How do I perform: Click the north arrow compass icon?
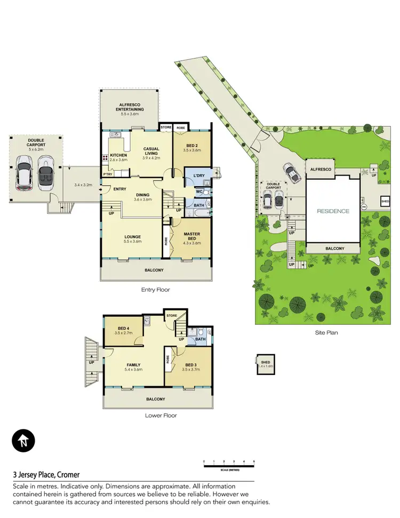pyautogui.click(x=23, y=441)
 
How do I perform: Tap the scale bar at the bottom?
pyautogui.click(x=229, y=466)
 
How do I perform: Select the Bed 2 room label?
pyautogui.click(x=191, y=147)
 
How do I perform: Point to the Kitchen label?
pyautogui.click(x=118, y=155)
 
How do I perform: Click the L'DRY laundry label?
pyautogui.click(x=193, y=175)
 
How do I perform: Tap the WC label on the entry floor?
pyautogui.click(x=198, y=191)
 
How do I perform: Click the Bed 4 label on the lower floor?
pyautogui.click(x=122, y=330)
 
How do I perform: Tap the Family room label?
pyautogui.click(x=134, y=365)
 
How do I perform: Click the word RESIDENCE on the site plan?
pyautogui.click(x=333, y=211)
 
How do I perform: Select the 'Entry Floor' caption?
pyautogui.click(x=155, y=290)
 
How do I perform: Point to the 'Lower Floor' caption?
pyautogui.click(x=161, y=415)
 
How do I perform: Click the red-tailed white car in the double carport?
pyautogui.click(x=25, y=174)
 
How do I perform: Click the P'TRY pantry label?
pyautogui.click(x=108, y=174)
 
